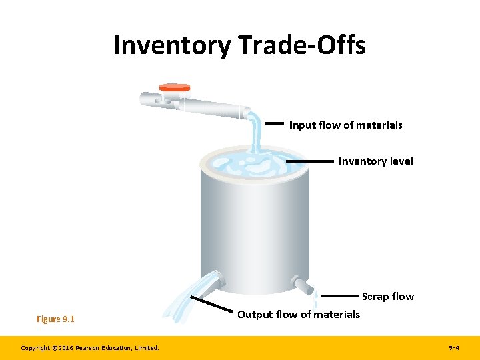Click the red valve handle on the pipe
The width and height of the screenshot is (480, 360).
click(175, 87)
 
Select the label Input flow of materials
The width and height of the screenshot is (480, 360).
click(345, 125)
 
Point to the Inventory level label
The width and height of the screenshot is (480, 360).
click(375, 161)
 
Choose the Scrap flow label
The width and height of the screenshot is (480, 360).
click(387, 296)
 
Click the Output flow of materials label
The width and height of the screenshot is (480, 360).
click(298, 314)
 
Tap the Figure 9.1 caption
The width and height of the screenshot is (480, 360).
click(55, 319)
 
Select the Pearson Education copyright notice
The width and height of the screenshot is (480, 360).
click(89, 347)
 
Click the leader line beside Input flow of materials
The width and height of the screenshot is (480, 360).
click(275, 123)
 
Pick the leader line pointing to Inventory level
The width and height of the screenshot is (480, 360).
click(309, 161)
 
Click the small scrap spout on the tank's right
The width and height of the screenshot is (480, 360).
click(304, 287)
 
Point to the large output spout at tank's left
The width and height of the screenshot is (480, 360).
click(213, 280)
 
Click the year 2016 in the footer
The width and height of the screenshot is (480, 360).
click(69, 347)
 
